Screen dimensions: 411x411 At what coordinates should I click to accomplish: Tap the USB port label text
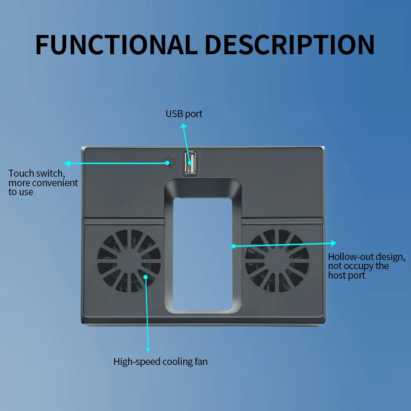(184, 114)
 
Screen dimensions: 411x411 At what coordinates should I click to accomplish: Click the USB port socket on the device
(189, 163)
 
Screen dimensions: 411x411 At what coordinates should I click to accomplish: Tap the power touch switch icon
(168, 162)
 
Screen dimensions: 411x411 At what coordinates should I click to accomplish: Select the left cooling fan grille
(129, 261)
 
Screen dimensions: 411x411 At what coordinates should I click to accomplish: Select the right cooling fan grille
(277, 261)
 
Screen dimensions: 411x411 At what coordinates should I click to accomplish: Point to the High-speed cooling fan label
(160, 362)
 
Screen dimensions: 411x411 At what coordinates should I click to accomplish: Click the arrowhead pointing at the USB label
(183, 125)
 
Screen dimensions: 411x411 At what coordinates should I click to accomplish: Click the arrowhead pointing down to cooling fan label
(148, 349)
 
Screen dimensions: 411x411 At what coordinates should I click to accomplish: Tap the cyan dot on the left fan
(146, 277)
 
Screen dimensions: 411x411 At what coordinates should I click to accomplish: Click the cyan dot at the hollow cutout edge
(233, 246)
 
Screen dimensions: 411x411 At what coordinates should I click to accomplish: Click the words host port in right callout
(346, 275)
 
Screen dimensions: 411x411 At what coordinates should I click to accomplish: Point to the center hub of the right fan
(277, 261)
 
